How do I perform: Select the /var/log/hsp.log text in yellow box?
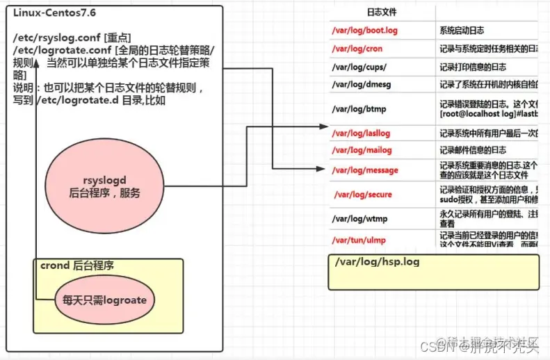point(376,262)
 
